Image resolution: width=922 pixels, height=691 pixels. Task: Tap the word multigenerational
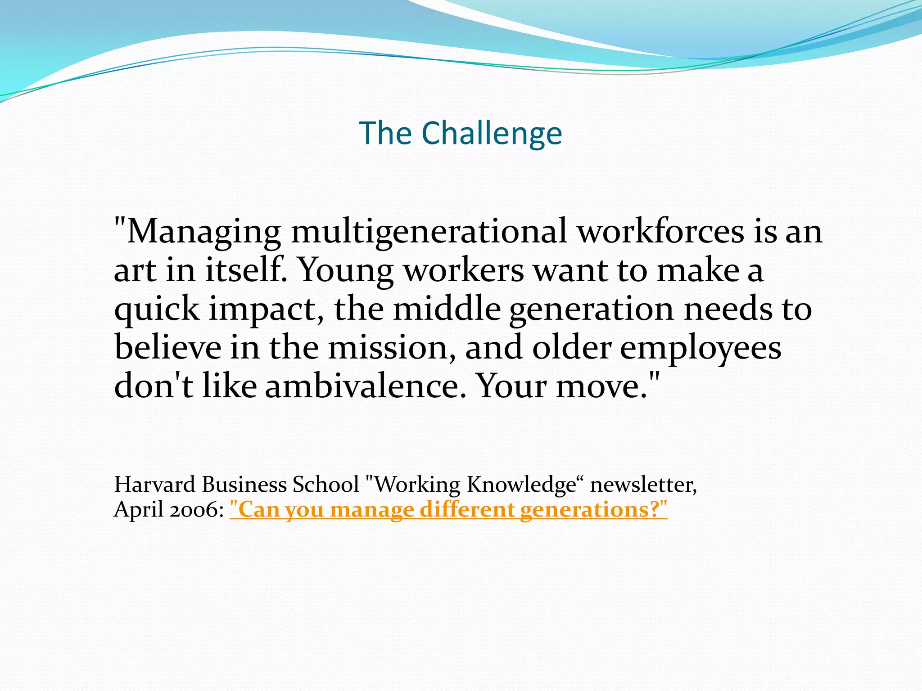[429, 232]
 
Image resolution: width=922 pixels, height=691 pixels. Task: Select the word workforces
[660, 232]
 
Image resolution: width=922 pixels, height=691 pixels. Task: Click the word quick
[157, 310]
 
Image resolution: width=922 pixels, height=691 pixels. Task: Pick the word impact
[266, 310]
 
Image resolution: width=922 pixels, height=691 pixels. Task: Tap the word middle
[447, 309]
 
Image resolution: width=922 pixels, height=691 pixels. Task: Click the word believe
[167, 348]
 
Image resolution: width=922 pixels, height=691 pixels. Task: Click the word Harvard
[154, 485]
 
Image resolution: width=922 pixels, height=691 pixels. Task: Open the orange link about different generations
[448, 510]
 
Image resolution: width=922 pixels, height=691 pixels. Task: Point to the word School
[325, 485]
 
